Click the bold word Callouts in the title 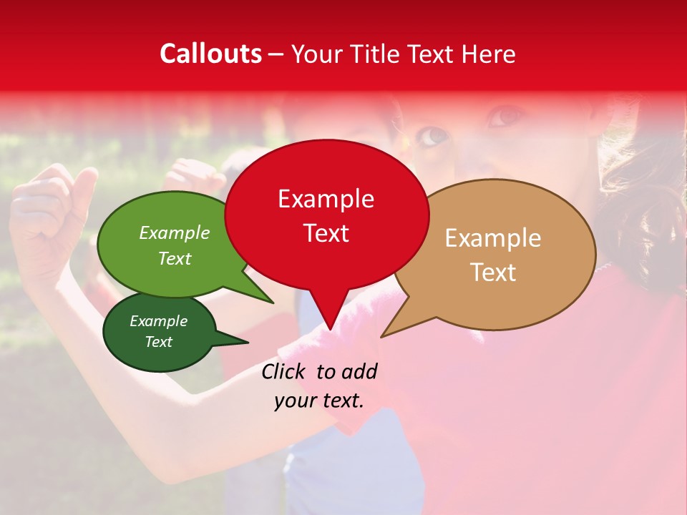pos(210,54)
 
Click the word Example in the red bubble pos(326,199)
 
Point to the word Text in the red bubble pos(326,233)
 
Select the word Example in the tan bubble pos(493,238)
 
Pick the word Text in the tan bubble pos(493,273)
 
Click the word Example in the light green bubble pos(175,233)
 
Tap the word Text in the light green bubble pos(175,258)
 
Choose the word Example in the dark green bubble pos(158,321)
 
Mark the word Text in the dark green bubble pos(158,342)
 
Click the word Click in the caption pos(286,371)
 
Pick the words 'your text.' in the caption pos(319,401)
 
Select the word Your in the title pos(314,54)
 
